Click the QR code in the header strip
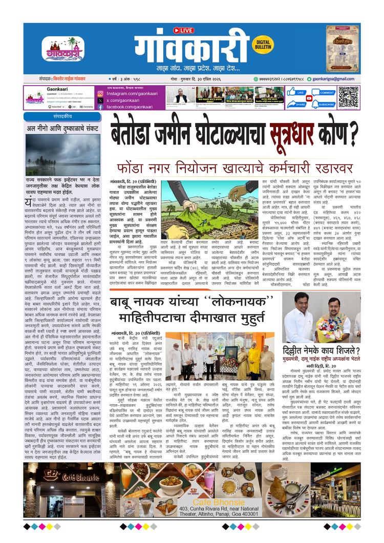[x=348, y=97]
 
